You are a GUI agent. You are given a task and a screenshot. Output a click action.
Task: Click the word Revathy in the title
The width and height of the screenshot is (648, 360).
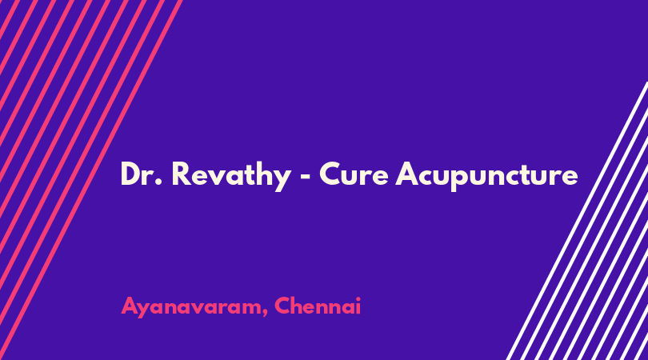coord(231,176)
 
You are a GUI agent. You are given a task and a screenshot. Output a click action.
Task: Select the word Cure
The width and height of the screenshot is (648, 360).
coord(354,174)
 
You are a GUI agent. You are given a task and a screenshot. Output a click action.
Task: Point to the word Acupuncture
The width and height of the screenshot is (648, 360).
coord(486,176)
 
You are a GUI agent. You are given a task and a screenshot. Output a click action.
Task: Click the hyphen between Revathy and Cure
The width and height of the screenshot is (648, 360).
coord(305,177)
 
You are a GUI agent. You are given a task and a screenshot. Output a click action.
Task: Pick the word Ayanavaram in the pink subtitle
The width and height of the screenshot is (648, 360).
coord(191,307)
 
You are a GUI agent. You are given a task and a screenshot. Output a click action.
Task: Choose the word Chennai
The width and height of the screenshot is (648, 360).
coord(318,306)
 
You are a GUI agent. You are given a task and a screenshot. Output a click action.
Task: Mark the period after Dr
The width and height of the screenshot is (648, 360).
coord(158,182)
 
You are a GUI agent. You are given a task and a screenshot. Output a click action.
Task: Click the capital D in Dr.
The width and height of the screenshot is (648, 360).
coord(131,174)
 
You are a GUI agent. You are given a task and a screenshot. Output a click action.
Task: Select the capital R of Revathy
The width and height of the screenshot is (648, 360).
coord(181,174)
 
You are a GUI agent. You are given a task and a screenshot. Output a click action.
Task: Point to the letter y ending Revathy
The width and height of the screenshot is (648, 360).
coord(282,179)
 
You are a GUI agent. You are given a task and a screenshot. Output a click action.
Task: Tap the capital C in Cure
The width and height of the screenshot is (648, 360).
coord(330,174)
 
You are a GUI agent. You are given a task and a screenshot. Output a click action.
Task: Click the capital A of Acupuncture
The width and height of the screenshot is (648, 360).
coord(408,174)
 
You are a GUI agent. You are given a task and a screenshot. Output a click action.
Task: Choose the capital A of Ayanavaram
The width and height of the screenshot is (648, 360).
coord(130,306)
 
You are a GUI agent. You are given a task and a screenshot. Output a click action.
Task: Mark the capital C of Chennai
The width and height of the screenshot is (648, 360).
coord(283,306)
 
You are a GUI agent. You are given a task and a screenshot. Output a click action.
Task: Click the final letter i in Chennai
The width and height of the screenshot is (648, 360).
coord(358,306)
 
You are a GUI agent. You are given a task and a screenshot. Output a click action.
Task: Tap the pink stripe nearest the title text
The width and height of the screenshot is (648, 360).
coord(91,180)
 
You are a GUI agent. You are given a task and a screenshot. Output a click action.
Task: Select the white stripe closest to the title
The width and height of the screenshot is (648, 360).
coord(578,221)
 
